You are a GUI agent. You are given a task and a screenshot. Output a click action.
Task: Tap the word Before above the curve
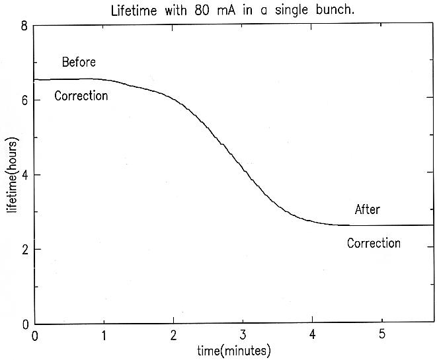click(x=79, y=63)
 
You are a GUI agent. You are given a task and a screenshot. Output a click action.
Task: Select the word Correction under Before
click(x=81, y=96)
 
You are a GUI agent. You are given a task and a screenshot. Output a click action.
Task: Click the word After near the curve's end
click(x=368, y=210)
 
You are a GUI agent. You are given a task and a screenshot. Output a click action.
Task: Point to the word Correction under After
click(x=374, y=243)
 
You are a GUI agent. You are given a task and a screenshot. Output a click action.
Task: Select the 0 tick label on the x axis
click(x=35, y=336)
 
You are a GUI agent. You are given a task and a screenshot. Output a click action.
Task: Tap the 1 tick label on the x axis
click(x=104, y=336)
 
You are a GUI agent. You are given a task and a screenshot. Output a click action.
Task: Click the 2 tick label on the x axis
click(x=173, y=336)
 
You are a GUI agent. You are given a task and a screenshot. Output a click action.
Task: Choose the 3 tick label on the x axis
click(x=243, y=336)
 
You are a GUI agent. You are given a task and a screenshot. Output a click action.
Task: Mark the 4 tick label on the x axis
click(x=312, y=336)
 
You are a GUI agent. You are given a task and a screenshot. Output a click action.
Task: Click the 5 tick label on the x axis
click(x=381, y=336)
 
